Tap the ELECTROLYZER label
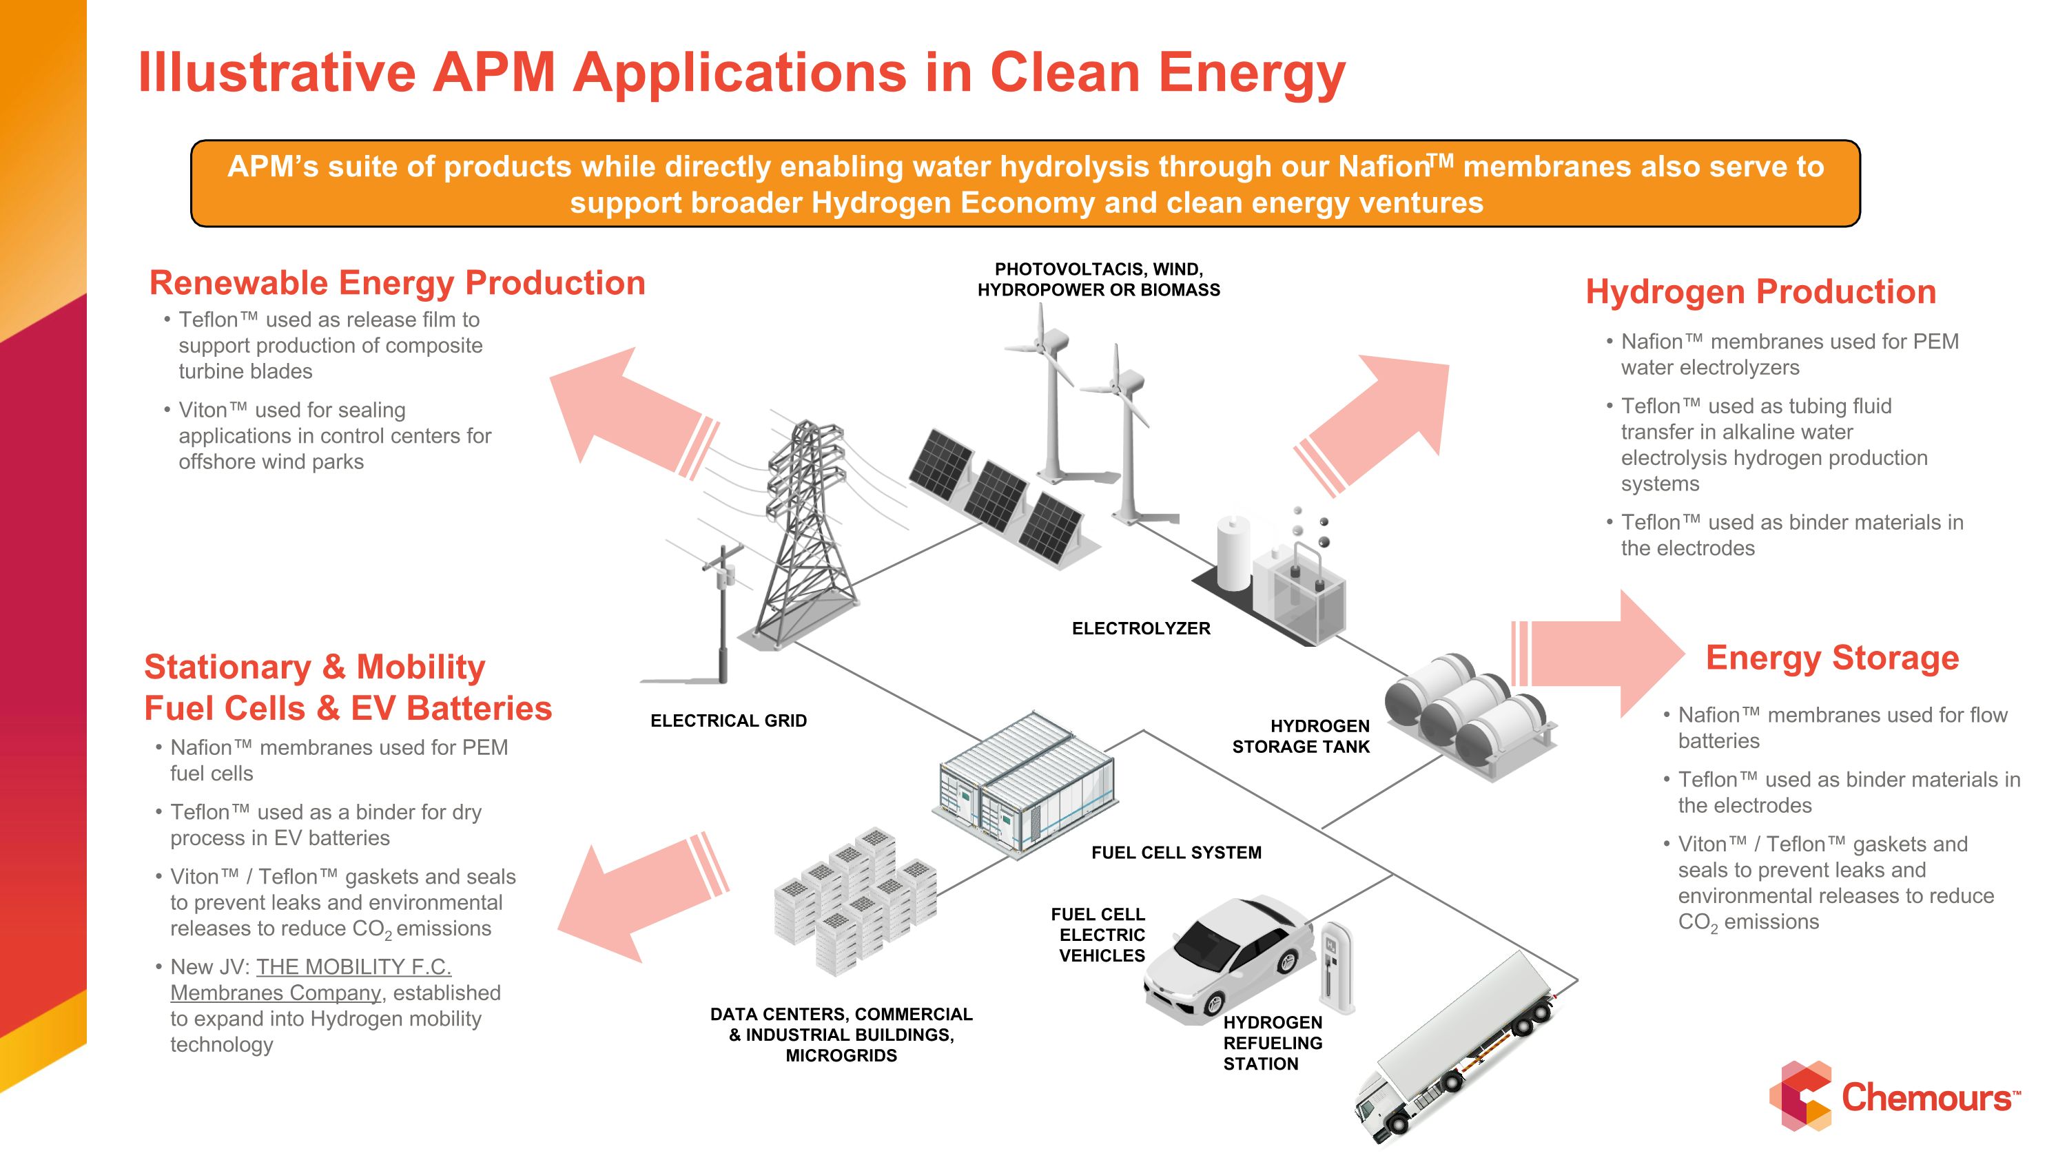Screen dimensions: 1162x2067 [1140, 629]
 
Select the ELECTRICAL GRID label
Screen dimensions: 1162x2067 [728, 721]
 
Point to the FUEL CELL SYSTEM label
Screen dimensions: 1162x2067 [1175, 853]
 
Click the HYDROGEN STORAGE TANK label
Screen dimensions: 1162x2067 [1301, 736]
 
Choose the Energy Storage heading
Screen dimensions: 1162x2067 [1832, 658]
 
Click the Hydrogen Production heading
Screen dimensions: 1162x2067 [1760, 291]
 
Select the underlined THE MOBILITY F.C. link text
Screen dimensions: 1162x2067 [353, 967]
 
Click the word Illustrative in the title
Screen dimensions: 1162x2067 [277, 72]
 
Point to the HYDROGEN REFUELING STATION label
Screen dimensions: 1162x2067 [1272, 1044]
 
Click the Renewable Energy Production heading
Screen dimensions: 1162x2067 [397, 283]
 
